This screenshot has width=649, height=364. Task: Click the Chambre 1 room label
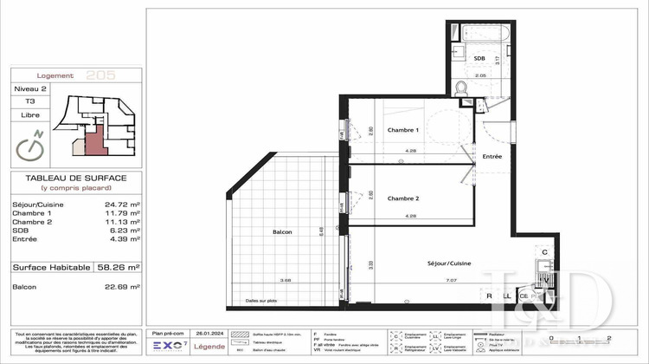click(x=402, y=130)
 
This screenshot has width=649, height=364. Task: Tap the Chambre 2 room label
click(x=402, y=198)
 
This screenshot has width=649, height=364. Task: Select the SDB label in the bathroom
click(x=479, y=57)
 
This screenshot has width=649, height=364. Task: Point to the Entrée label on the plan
click(x=492, y=156)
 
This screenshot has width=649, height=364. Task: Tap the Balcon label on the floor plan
click(x=281, y=231)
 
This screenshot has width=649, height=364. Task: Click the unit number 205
click(x=102, y=76)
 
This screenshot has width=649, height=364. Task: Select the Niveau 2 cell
click(x=30, y=89)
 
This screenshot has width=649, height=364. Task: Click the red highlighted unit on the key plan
click(x=100, y=139)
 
